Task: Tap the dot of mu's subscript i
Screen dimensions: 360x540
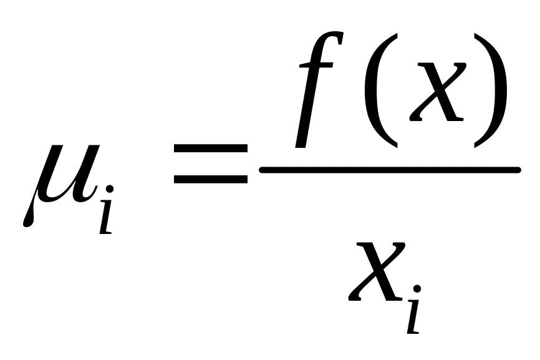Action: pos(110,189)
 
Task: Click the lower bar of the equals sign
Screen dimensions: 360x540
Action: pos(210,179)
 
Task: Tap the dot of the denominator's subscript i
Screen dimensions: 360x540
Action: pos(417,289)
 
